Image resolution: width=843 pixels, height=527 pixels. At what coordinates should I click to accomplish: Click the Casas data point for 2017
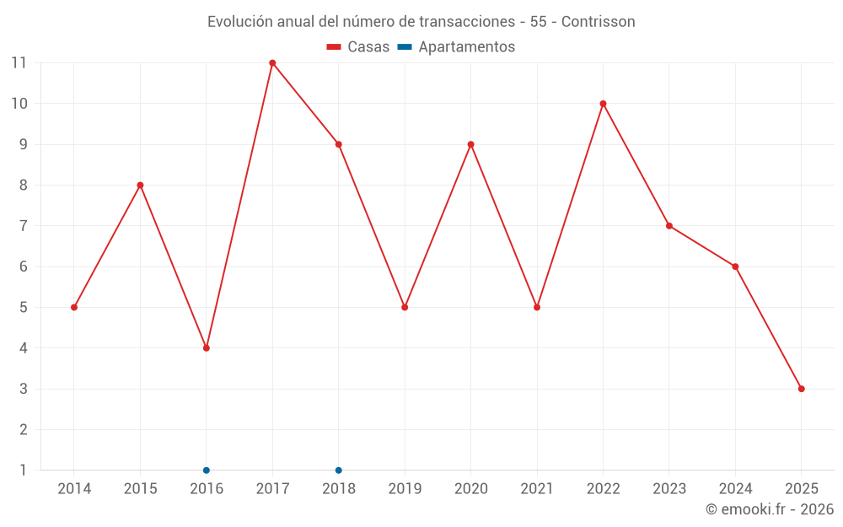click(x=272, y=63)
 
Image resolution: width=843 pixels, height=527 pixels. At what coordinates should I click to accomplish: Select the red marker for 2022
click(x=603, y=104)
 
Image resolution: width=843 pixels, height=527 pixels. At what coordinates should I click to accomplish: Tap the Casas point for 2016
click(x=207, y=348)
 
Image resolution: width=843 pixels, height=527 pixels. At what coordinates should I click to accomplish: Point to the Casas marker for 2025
click(x=801, y=389)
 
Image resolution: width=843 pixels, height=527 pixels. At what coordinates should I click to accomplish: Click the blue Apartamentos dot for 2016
click(x=207, y=471)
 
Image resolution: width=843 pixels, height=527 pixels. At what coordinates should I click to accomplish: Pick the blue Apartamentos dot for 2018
click(x=339, y=471)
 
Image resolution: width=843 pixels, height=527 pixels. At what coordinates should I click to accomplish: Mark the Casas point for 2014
click(x=74, y=307)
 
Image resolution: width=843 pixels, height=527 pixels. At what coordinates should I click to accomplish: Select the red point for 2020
click(x=470, y=144)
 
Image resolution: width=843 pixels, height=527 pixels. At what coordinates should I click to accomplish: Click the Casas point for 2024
click(x=735, y=266)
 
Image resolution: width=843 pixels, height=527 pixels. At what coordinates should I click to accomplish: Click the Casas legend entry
click(x=358, y=47)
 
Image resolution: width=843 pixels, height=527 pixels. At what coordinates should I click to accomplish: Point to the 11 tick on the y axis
click(x=19, y=63)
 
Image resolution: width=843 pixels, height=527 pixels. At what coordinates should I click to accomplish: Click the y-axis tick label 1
click(x=23, y=471)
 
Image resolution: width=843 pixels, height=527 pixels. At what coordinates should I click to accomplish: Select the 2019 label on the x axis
click(x=405, y=489)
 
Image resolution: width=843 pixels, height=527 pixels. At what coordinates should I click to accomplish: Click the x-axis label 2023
click(x=669, y=489)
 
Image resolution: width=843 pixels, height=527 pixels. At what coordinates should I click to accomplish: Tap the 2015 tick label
click(x=140, y=489)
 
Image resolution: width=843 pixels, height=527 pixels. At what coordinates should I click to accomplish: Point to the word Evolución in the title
click(x=241, y=21)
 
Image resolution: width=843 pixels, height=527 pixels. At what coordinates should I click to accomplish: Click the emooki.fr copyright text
click(x=770, y=509)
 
